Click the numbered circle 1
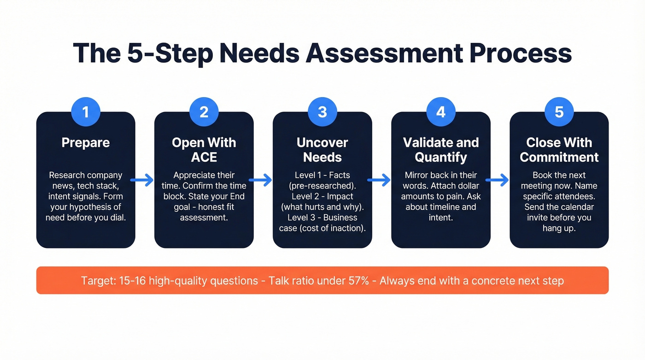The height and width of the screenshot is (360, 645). tap(86, 112)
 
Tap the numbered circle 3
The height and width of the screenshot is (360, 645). tap(322, 112)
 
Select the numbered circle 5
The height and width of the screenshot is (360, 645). tap(559, 112)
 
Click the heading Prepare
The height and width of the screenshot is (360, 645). tap(86, 142)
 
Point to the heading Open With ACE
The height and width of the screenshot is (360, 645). tap(204, 150)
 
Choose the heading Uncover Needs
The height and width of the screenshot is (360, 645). tap(322, 150)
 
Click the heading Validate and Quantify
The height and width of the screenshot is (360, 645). tap(441, 150)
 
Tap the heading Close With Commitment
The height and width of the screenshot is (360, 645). tap(559, 150)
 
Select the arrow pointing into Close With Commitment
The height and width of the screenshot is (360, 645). tap(498, 180)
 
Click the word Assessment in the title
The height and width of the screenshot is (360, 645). tap(385, 53)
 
